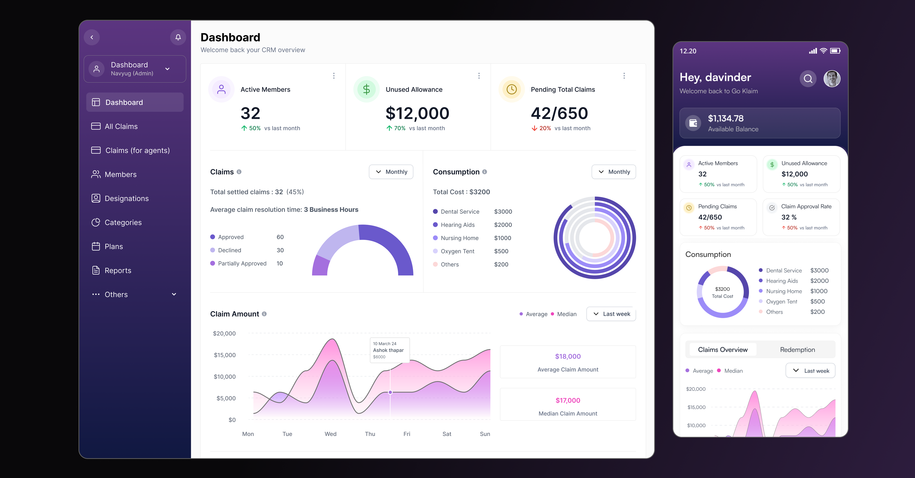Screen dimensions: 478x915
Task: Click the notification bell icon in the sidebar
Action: pos(178,37)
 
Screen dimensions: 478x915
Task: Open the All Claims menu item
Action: pos(121,126)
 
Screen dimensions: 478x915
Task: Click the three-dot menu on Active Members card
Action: pos(334,76)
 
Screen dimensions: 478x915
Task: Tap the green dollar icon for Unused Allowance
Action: pos(366,90)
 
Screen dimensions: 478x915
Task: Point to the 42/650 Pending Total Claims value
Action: pos(559,113)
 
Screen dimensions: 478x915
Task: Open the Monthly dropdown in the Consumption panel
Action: pos(613,172)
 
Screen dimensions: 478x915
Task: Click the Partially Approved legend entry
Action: pos(242,264)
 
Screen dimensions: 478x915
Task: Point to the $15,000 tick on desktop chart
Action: pos(225,355)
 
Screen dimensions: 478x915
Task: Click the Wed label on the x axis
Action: pos(330,434)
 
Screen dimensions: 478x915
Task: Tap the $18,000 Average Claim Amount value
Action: pos(568,357)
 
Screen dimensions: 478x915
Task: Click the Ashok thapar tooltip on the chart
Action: pos(389,350)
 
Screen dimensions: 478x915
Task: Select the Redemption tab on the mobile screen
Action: pos(797,350)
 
